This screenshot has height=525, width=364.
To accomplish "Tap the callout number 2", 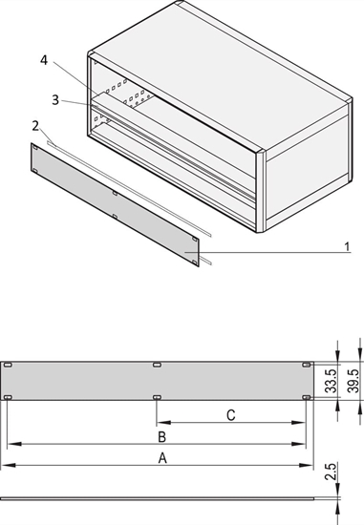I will (35, 124).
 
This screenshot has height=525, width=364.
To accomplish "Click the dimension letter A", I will (162, 457).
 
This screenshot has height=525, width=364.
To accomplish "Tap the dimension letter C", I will (230, 414).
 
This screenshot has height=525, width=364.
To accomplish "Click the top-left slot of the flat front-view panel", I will (8, 365).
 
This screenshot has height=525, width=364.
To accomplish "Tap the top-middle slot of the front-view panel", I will (157, 365).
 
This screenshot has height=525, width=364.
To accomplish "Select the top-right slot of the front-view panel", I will (307, 365).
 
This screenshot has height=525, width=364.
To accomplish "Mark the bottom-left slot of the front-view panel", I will (8, 397).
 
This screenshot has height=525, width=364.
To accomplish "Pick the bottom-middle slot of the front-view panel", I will (157, 397).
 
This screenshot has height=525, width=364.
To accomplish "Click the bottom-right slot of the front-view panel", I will (307, 397).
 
